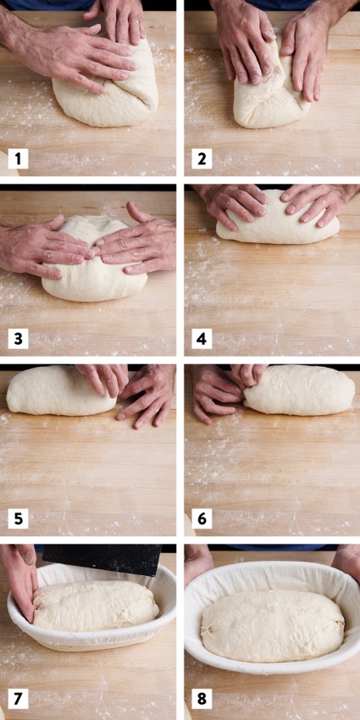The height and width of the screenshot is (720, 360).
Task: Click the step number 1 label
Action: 16,158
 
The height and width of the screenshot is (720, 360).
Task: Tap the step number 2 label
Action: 201,158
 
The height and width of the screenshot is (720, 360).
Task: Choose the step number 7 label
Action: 16,699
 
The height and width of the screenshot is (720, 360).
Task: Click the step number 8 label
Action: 201,699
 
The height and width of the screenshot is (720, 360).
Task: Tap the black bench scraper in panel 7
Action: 102,557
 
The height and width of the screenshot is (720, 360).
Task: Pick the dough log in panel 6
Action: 301,391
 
